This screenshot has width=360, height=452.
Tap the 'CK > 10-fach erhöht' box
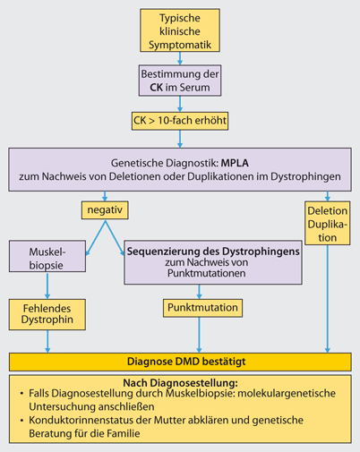(x=179, y=118)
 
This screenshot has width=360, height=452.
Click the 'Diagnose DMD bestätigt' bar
(x=179, y=362)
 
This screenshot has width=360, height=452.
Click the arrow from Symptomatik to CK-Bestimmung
(x=179, y=58)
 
